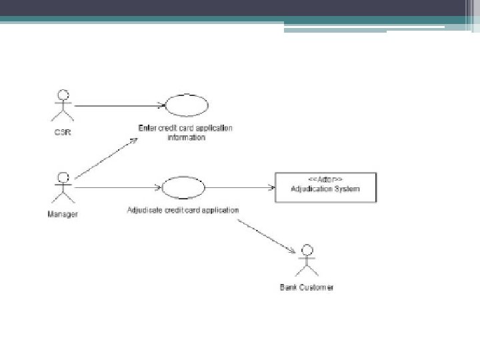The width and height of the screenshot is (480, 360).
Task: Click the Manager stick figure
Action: coord(63,189)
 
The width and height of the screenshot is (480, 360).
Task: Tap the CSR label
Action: coord(63,132)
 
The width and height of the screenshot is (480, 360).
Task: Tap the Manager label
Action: coord(63,215)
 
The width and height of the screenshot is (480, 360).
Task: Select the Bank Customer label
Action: coord(306,287)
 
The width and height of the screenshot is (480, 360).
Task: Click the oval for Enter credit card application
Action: coord(186,105)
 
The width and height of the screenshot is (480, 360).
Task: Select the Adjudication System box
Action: coord(325,187)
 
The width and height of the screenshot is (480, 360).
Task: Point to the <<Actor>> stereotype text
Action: coord(325,180)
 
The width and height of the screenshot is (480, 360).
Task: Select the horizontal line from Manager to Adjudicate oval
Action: coord(117,188)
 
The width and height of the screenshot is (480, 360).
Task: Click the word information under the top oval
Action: coord(186,138)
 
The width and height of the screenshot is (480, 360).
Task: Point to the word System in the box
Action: coord(345,189)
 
